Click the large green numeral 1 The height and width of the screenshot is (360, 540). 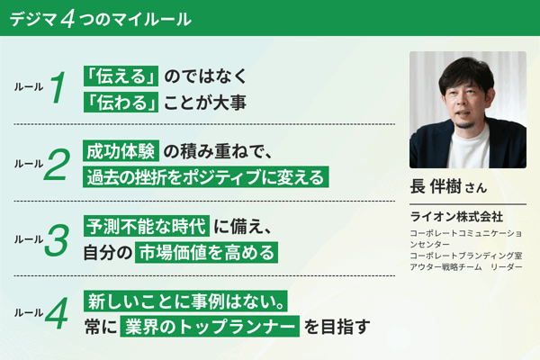[58, 86]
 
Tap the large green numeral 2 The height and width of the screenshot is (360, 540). [57, 164]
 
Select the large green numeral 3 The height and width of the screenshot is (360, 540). [57, 239]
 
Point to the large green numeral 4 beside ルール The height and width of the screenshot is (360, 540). [57, 313]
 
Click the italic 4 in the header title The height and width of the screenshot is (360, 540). [67, 19]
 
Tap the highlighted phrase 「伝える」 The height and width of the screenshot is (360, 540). [121, 76]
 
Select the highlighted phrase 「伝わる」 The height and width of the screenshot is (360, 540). [121, 102]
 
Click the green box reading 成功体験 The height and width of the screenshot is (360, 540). [121, 151]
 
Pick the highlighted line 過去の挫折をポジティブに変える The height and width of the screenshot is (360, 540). [205, 177]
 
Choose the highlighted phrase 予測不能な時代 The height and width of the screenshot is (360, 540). [147, 226]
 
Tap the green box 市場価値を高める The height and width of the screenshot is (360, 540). [206, 253]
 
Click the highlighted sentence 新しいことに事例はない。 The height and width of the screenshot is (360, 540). [185, 301]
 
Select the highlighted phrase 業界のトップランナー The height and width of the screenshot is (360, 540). [210, 326]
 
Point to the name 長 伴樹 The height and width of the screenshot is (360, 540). [436, 186]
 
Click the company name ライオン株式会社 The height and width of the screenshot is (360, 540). [456, 217]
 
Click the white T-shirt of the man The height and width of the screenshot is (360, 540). [468, 148]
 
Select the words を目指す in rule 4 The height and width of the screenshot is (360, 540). [337, 327]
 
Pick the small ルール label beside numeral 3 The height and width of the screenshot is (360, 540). [29, 239]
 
